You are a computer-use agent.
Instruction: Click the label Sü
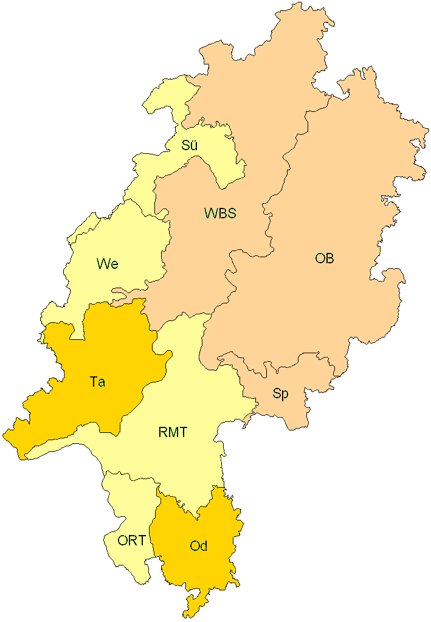point(190,146)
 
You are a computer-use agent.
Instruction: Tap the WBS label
point(220,213)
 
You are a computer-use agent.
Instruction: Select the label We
point(107,264)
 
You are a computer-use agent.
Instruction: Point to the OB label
point(325,258)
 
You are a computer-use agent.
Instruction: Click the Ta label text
point(97,382)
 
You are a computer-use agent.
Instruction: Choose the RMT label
point(173,433)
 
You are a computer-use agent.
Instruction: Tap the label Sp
point(280,393)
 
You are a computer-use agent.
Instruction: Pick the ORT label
point(132,540)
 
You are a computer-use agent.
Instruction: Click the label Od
point(199,546)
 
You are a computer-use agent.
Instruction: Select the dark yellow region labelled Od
point(201,572)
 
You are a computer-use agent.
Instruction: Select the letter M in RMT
point(173,433)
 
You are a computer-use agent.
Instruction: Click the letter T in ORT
point(142,540)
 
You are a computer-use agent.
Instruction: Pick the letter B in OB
point(329,258)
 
